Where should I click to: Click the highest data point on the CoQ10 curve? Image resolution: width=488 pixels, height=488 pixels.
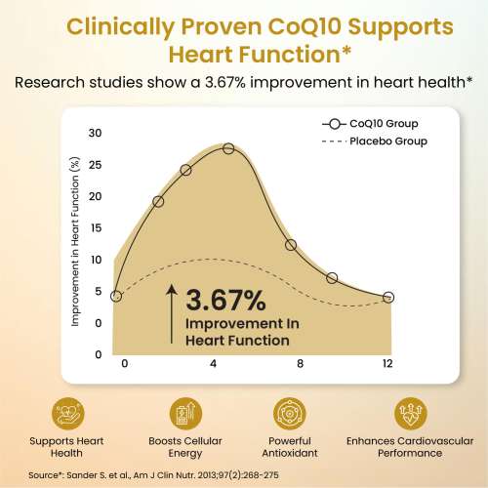pyautogui.click(x=228, y=148)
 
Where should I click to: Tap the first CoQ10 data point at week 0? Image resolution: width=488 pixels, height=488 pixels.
pyautogui.click(x=116, y=296)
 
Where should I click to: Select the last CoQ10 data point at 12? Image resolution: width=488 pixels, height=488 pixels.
pyautogui.click(x=388, y=297)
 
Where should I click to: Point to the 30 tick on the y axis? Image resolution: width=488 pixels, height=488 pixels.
pyautogui.click(x=94, y=133)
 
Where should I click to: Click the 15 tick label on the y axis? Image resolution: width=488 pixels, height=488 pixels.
pyautogui.click(x=94, y=227)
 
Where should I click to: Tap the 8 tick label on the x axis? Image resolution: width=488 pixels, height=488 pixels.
pyautogui.click(x=301, y=364)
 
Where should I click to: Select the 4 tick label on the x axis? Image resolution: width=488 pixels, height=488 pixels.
pyautogui.click(x=213, y=364)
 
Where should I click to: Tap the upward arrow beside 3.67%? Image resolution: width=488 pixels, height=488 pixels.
pyautogui.click(x=172, y=312)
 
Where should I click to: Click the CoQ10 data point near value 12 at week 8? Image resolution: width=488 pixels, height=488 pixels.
pyautogui.click(x=291, y=244)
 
